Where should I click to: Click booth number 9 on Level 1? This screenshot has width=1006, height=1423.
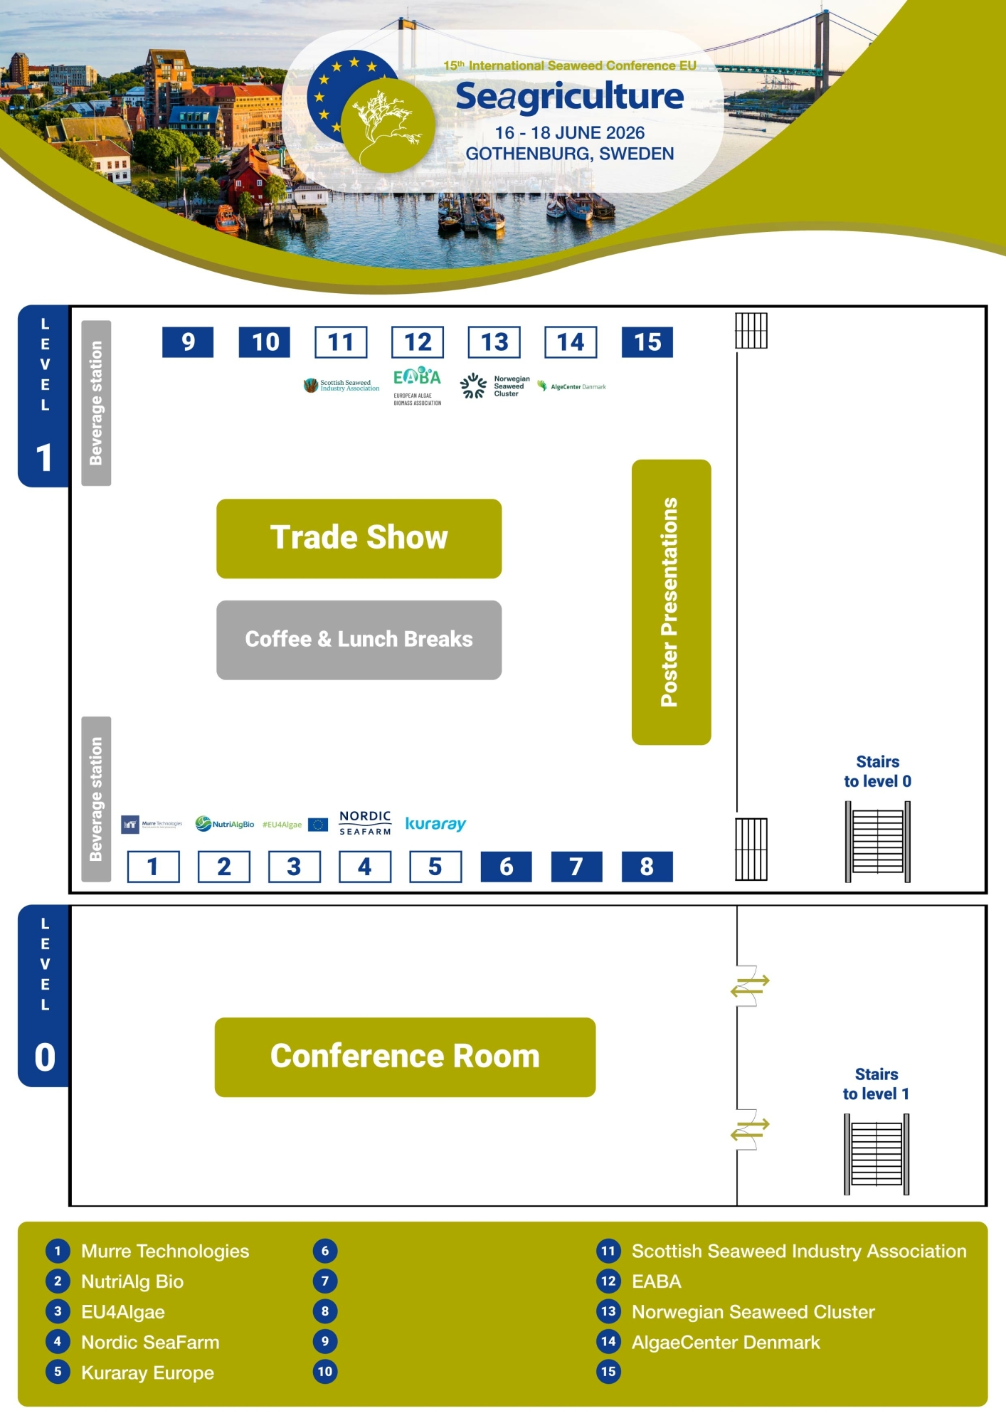coord(188,342)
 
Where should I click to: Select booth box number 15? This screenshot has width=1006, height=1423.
coord(647,342)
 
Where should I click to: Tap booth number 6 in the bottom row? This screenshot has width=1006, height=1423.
coord(506,867)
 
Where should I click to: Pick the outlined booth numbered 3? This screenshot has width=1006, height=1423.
coord(294,867)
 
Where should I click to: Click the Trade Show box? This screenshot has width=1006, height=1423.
coord(359,538)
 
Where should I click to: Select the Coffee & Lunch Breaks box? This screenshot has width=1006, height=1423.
coord(359,640)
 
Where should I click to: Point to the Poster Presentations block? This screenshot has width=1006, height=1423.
coord(671,602)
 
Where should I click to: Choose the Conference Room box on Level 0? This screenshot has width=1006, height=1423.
coord(405,1057)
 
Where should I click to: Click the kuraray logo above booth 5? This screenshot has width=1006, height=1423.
coord(435,824)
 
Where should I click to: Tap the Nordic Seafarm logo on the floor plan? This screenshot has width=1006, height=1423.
coord(365,823)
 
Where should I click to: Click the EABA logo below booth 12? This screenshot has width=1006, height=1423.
coord(417,385)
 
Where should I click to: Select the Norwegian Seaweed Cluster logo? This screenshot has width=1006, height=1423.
coord(494,386)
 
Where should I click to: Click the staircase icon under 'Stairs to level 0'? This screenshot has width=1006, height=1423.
coord(877,841)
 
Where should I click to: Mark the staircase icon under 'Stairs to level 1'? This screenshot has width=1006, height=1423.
coord(877,1154)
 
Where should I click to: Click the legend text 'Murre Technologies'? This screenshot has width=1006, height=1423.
coord(165,1251)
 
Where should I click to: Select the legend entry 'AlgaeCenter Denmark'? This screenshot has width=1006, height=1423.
coord(726,1342)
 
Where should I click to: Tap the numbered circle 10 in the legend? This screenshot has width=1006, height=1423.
coord(325,1372)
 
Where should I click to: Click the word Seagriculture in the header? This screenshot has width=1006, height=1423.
coord(569,97)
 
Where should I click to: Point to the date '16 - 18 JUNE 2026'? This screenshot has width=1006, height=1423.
coord(570,133)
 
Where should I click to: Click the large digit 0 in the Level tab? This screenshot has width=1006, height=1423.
coord(45,1057)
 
